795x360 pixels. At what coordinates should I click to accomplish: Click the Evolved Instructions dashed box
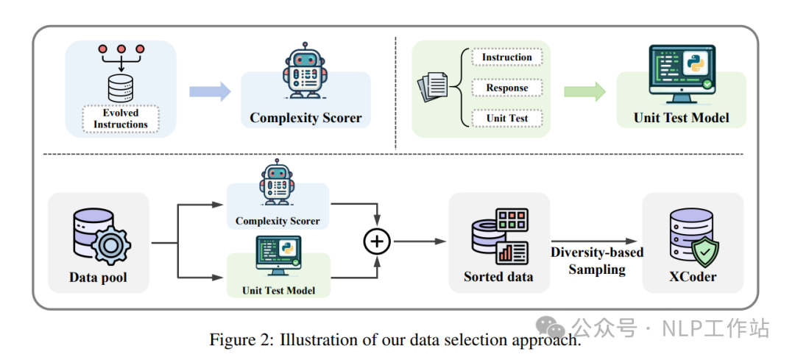120,119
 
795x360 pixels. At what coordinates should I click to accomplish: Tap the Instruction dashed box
506,57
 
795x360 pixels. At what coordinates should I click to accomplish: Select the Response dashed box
506,88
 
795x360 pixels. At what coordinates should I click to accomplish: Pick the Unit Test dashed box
506,118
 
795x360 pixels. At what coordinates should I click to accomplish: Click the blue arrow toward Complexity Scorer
209,91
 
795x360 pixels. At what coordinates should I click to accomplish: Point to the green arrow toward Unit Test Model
584,91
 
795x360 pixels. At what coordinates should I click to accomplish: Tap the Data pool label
98,278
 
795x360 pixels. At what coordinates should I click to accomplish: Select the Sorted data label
498,277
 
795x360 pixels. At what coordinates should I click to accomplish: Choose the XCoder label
692,277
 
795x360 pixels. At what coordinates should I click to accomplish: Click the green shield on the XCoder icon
704,253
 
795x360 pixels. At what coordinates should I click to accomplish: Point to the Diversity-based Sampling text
596,261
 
